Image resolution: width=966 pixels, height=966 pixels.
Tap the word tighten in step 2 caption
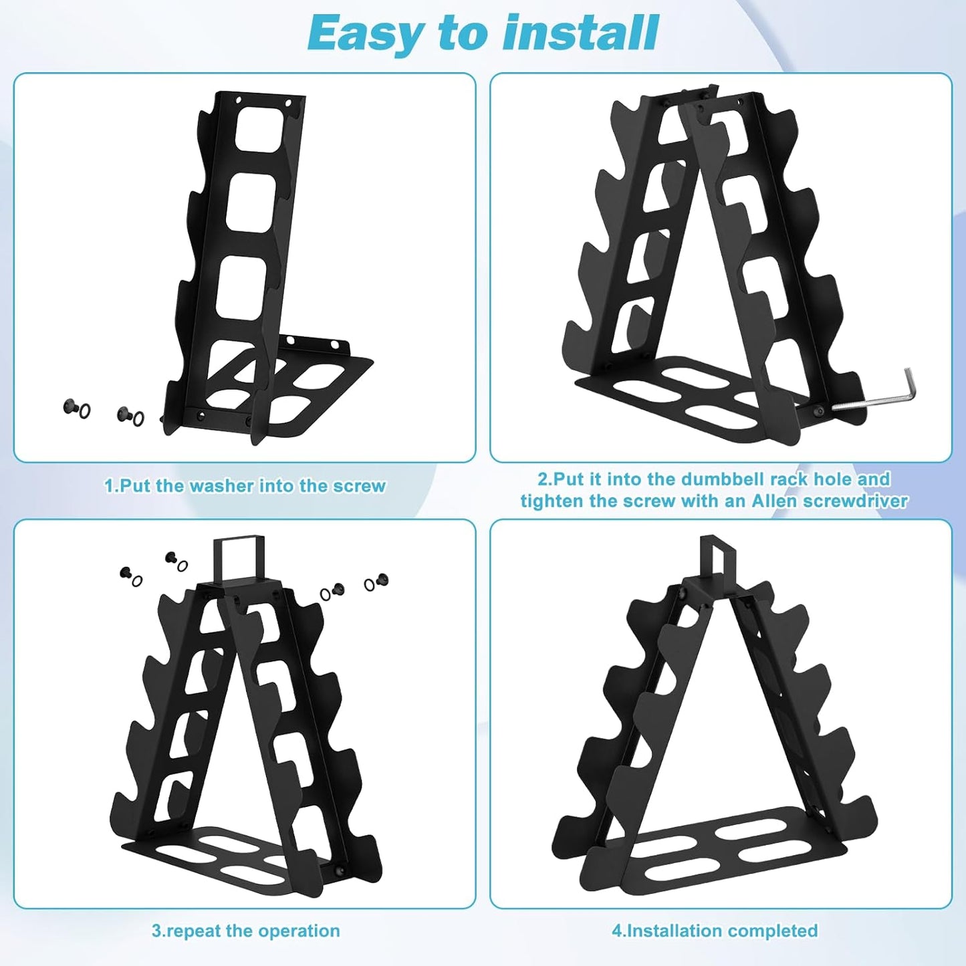[552, 501]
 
